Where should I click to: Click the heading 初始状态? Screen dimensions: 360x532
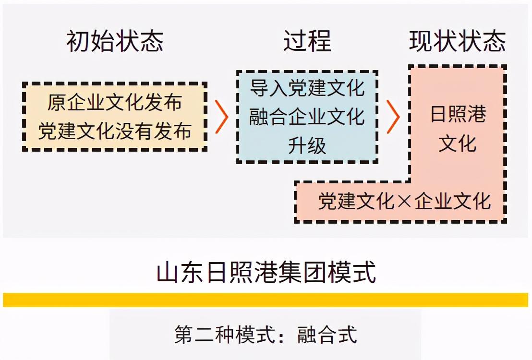115,41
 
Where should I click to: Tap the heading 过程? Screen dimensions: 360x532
307,41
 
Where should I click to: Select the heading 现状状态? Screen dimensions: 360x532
457,41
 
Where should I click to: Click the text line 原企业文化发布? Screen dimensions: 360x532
115,102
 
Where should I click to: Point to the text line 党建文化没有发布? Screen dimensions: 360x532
115,131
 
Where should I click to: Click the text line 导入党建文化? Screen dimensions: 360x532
307,88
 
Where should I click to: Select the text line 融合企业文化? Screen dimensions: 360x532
307,117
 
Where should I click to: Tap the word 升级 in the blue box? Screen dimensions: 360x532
307,145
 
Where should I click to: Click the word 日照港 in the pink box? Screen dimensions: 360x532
458,114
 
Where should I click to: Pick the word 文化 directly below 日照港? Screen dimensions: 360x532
458,143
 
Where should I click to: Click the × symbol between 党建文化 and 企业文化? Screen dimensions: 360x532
404,202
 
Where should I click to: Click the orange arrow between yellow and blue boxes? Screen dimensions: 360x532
221,117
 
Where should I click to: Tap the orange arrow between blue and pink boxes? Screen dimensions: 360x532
393,117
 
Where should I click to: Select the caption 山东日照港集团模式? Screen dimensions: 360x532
266,273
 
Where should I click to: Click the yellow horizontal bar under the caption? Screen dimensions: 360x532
266,300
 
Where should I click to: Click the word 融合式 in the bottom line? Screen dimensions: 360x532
327,335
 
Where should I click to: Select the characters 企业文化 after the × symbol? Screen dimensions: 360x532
452,202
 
